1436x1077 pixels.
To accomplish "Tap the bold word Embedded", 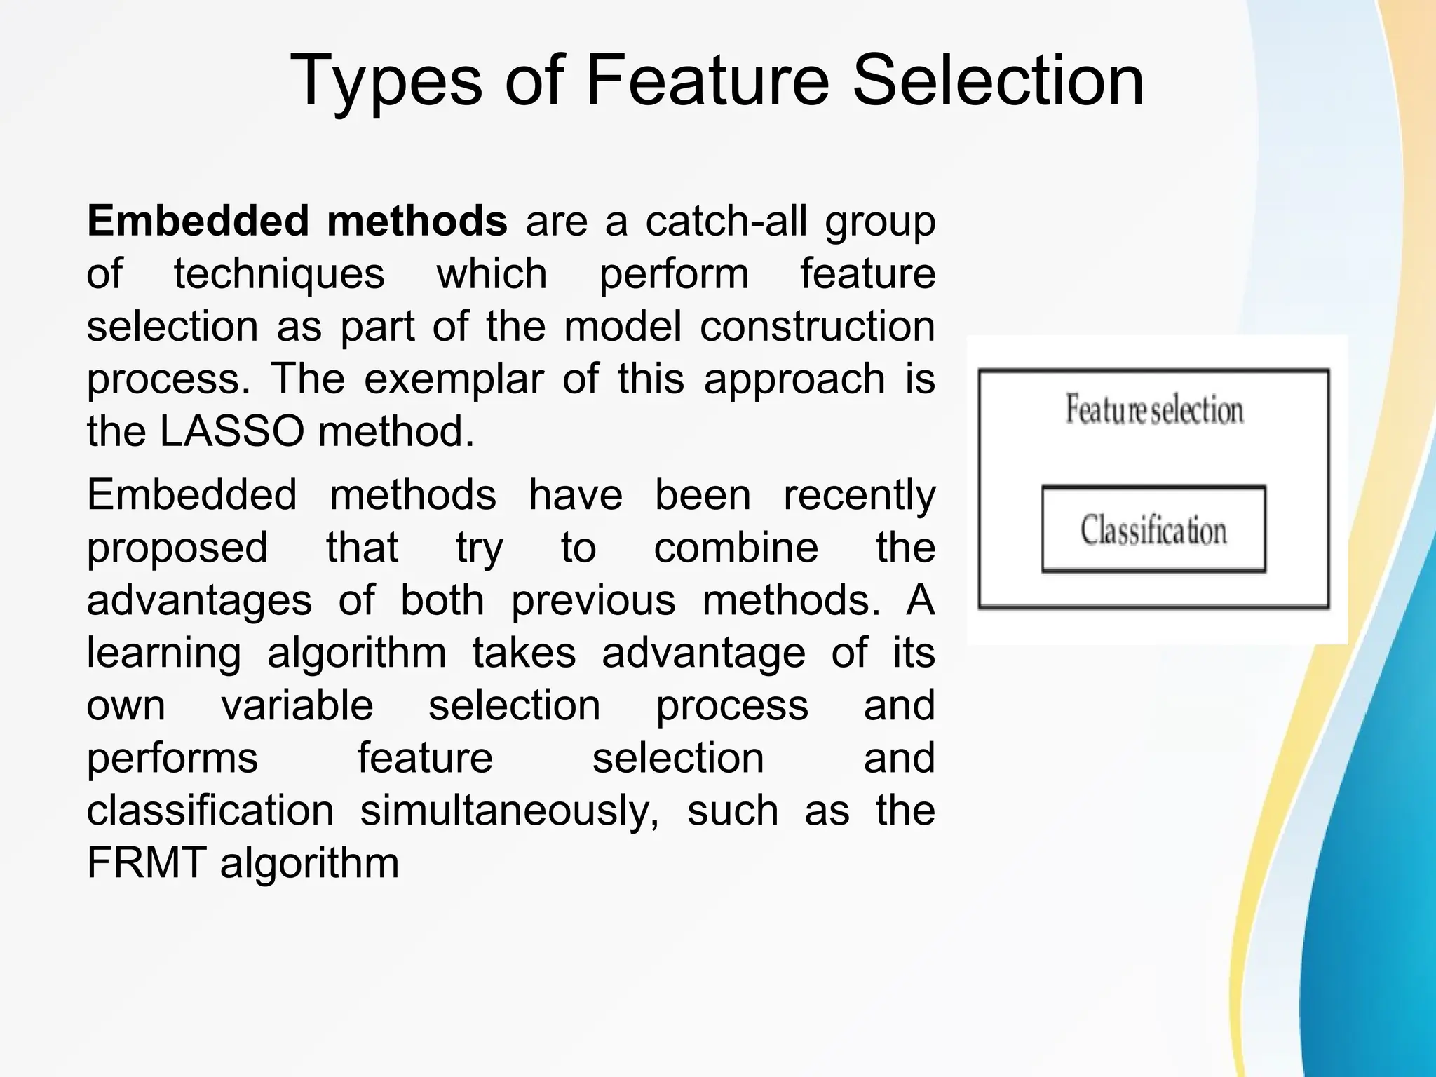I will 198,221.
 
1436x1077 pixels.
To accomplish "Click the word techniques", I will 279,273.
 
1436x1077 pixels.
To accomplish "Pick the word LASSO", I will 232,431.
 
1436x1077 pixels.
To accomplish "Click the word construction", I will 818,327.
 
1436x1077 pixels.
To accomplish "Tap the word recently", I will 859,495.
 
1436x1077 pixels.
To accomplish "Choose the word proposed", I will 177,548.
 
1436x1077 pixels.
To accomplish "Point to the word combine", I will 736,548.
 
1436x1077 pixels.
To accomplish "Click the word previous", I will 593,601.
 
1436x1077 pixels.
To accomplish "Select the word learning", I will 164,653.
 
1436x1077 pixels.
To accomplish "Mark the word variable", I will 298,705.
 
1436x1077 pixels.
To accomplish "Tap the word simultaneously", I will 510,811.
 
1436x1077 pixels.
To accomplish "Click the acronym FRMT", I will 147,863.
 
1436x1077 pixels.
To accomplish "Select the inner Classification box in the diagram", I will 1153,529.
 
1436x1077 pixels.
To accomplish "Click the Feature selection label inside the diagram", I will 1154,409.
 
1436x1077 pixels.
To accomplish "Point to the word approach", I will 794,379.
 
